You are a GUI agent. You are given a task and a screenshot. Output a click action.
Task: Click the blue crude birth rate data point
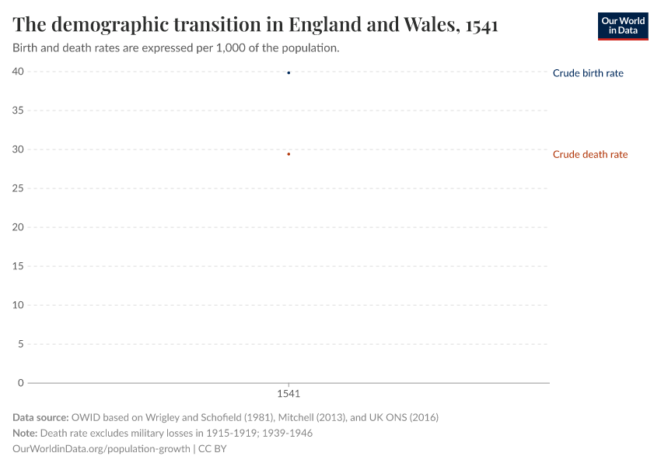tap(289, 73)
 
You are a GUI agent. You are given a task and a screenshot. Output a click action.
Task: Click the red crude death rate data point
tap(289, 154)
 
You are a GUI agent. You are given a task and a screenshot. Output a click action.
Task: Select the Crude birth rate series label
tap(587, 73)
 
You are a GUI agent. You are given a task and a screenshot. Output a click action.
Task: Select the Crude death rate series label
tap(589, 154)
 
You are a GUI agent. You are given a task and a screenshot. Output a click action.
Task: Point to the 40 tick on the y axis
tap(18, 72)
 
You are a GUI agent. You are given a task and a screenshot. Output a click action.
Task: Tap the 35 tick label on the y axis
tap(18, 111)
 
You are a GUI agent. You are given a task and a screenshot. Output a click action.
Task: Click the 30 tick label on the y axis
tap(18, 149)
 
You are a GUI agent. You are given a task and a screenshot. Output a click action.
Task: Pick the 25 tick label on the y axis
tap(18, 188)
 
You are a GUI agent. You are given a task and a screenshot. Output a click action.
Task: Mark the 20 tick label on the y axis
tap(18, 227)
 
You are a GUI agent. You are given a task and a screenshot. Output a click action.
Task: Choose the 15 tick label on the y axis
tap(18, 266)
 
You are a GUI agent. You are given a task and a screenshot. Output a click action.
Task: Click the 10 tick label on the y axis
tap(18, 305)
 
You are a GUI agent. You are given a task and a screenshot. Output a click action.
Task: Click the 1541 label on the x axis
tap(289, 395)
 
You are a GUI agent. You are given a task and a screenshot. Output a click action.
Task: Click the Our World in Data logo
tap(622, 26)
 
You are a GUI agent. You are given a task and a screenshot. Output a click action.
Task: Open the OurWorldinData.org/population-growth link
tap(101, 448)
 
